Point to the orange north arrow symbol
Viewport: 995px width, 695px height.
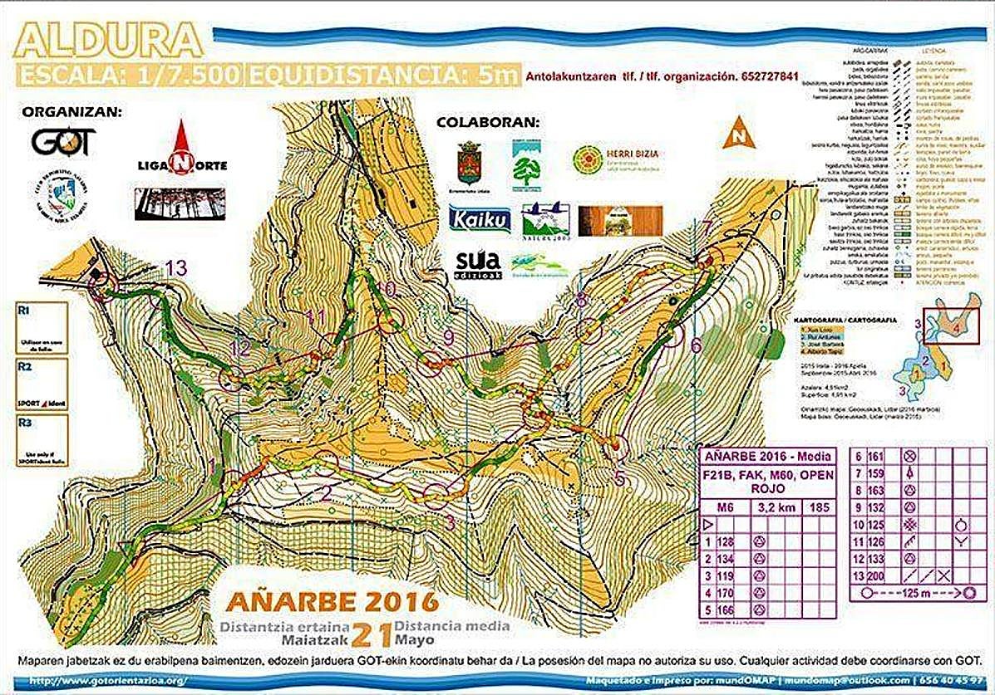coord(737,135)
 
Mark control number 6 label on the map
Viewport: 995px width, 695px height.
coord(697,345)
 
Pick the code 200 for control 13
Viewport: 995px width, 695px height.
coord(881,575)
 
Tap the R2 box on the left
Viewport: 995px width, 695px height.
coord(39,381)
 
